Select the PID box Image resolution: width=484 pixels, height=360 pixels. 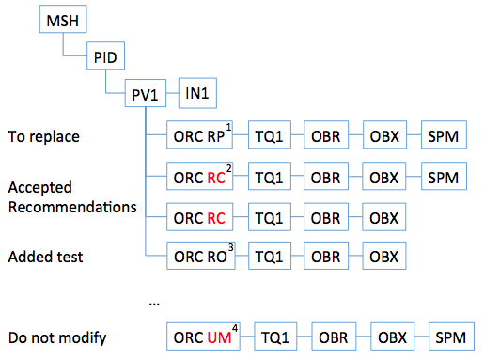tap(105, 56)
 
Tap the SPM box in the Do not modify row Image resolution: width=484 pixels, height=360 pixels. tap(452, 336)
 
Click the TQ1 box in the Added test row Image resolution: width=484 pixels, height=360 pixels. tap(270, 254)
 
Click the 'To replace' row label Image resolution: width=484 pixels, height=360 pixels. tap(43, 136)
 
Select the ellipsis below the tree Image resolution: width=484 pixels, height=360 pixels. tap(154, 303)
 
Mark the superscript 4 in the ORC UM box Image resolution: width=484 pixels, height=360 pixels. tap(236, 327)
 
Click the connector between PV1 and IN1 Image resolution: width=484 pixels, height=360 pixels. tap(173, 94)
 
